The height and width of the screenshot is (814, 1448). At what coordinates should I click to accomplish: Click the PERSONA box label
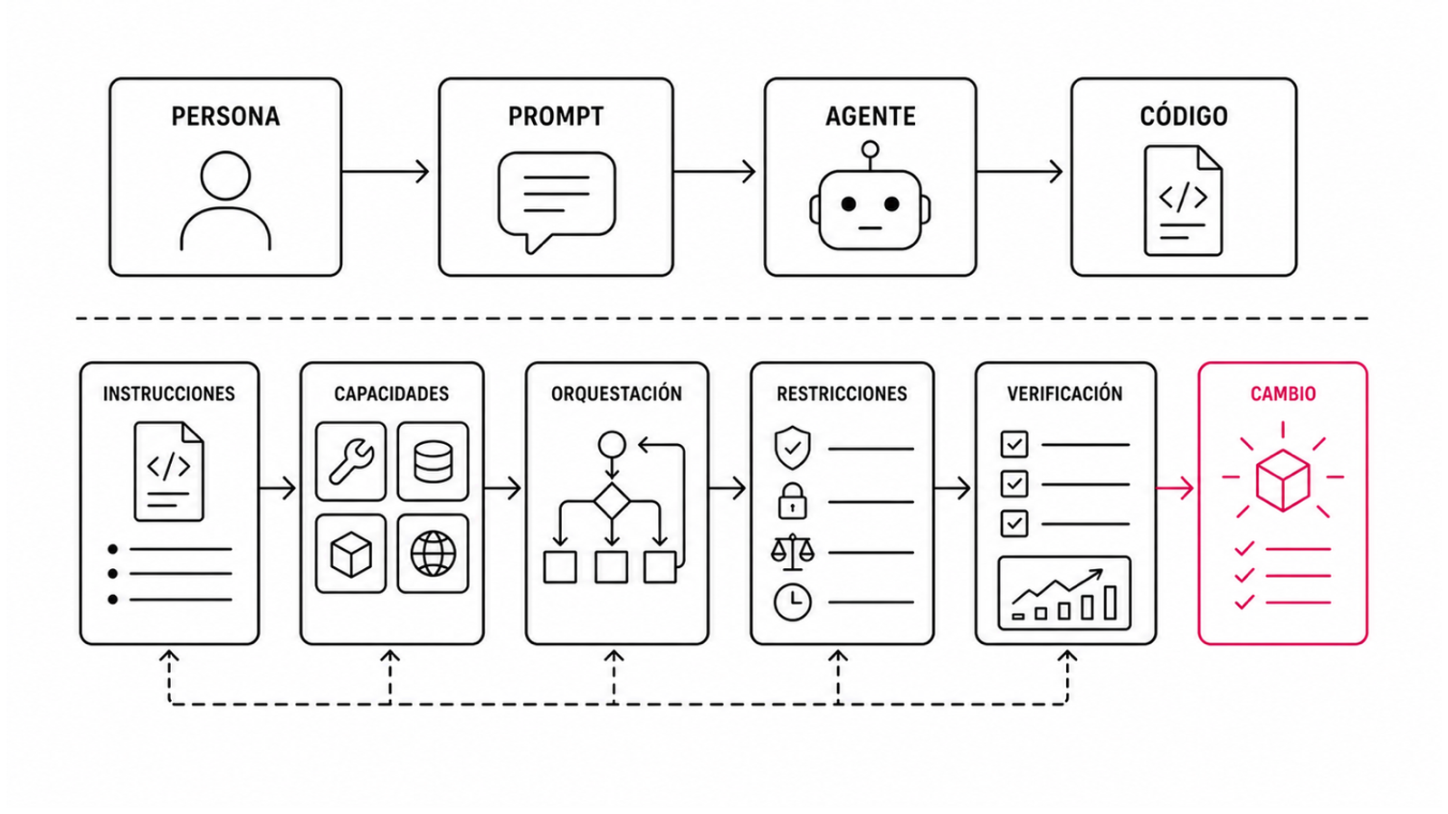pyautogui.click(x=225, y=117)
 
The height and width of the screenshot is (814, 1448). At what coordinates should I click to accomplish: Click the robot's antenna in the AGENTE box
pyautogui.click(x=871, y=156)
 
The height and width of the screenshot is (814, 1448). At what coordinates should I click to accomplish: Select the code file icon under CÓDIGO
pyautogui.click(x=1183, y=200)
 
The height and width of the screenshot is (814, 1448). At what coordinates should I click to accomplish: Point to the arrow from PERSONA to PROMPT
pyautogui.click(x=386, y=172)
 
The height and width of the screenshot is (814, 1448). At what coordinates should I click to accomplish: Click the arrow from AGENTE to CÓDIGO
pyautogui.click(x=1019, y=172)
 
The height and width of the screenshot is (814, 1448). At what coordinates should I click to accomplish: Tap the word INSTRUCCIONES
pyautogui.click(x=169, y=393)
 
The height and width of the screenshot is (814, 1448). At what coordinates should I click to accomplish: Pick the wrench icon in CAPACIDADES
pyautogui.click(x=351, y=461)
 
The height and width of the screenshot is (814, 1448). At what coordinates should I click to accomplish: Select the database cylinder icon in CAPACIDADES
pyautogui.click(x=433, y=461)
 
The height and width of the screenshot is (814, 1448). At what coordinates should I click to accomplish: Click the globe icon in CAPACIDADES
pyautogui.click(x=433, y=554)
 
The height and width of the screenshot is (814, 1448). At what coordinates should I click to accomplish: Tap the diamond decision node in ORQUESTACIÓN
pyautogui.click(x=612, y=501)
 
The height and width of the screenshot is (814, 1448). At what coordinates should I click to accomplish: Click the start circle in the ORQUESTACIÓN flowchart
pyautogui.click(x=612, y=444)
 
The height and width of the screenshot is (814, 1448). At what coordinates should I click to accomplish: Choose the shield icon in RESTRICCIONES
pyautogui.click(x=793, y=447)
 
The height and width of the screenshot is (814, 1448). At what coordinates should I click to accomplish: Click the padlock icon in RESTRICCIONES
pyautogui.click(x=793, y=501)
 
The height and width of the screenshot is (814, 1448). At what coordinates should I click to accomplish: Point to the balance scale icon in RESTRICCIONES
pyautogui.click(x=793, y=553)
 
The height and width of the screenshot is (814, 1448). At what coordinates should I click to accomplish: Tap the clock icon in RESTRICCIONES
pyautogui.click(x=793, y=602)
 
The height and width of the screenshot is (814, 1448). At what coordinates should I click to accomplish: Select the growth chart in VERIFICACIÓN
pyautogui.click(x=1064, y=593)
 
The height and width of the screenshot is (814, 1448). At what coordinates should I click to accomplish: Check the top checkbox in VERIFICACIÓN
pyautogui.click(x=1015, y=444)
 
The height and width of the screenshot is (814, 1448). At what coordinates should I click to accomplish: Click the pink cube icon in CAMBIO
pyautogui.click(x=1283, y=480)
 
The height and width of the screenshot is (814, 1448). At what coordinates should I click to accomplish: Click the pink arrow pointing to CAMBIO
pyautogui.click(x=1175, y=488)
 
